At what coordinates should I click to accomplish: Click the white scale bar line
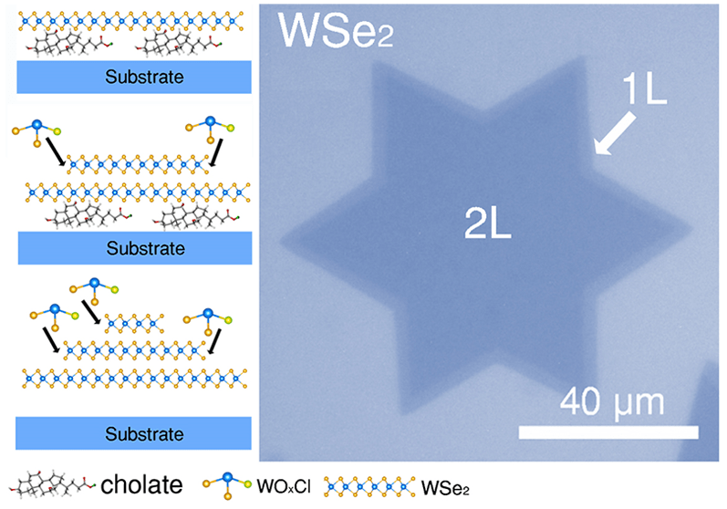click(608, 428)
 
